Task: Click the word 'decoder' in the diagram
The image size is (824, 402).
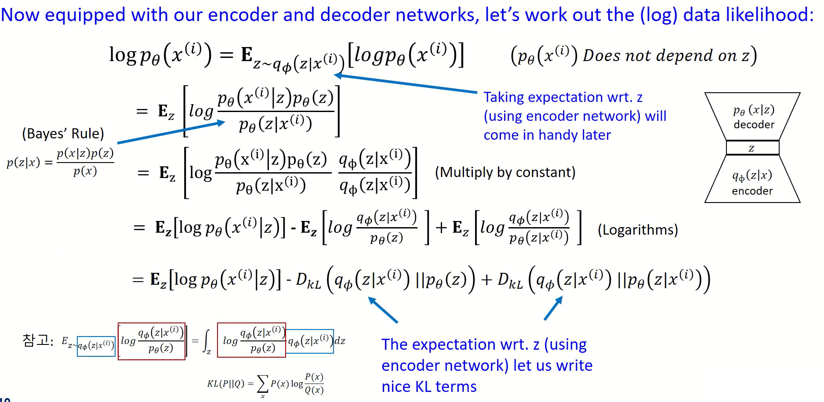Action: click(754, 125)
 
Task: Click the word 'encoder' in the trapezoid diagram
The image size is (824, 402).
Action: click(752, 191)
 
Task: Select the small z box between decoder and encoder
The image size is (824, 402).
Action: click(752, 148)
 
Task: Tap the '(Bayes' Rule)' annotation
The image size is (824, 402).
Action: click(63, 134)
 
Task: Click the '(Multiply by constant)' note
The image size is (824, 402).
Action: click(505, 172)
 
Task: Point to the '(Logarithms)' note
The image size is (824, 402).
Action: click(638, 230)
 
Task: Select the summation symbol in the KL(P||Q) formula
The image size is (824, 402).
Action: click(262, 384)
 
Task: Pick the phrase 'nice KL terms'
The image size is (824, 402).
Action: click(429, 387)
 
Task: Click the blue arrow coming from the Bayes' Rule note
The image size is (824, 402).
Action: click(171, 133)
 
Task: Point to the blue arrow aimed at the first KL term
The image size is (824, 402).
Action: click(382, 310)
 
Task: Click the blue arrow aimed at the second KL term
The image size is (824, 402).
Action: click(553, 308)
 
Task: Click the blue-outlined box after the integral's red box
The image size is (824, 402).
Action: click(310, 341)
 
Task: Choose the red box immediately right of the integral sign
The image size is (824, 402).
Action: click(251, 340)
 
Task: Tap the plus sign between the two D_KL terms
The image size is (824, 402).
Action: click(486, 280)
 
